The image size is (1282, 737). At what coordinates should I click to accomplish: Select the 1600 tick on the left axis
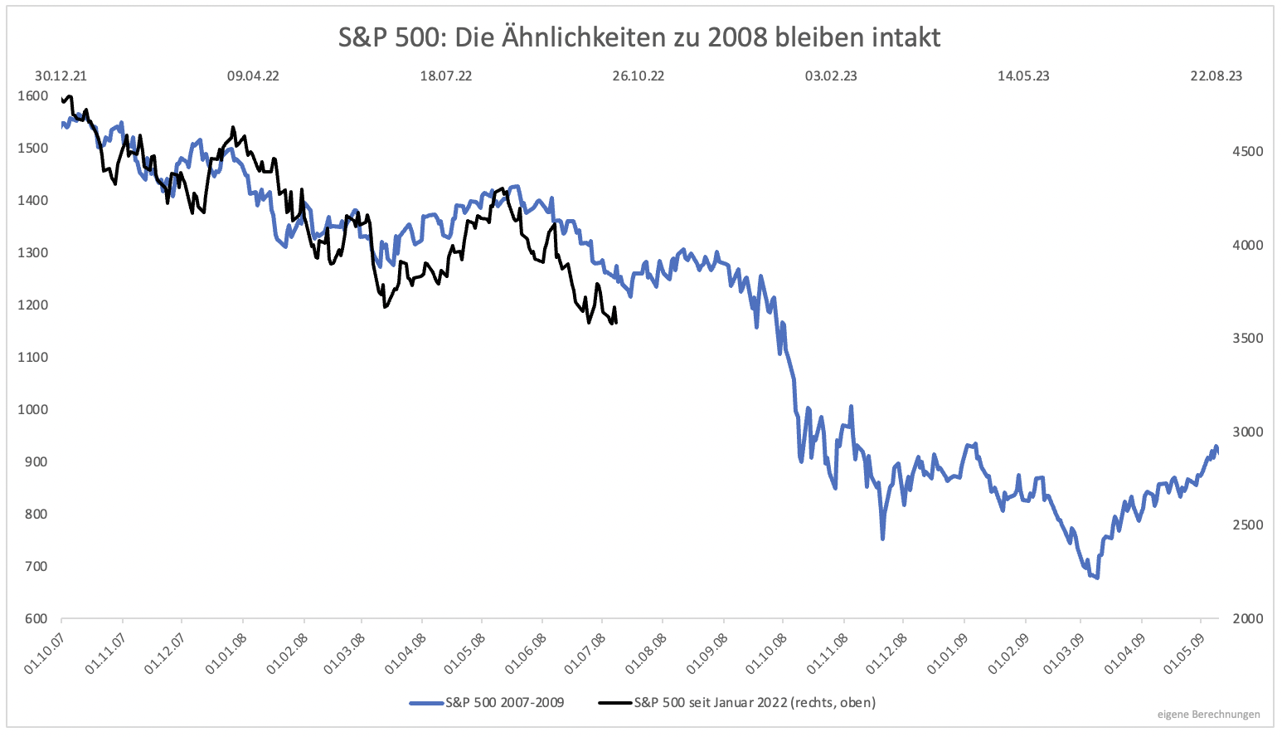32,95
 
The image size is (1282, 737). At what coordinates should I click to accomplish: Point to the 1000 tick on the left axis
32,409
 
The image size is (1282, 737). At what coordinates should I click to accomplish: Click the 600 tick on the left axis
36,618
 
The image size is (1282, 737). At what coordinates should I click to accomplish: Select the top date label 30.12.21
61,76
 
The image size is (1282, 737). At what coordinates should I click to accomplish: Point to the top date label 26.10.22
638,76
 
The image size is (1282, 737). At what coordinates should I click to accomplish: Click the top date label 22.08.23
1216,76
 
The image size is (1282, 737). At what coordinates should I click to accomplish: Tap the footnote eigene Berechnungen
1208,714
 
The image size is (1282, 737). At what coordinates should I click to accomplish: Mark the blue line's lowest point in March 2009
1097,578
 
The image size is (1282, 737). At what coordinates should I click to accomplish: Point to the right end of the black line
615,323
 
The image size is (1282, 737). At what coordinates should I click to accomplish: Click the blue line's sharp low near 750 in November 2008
882,539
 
